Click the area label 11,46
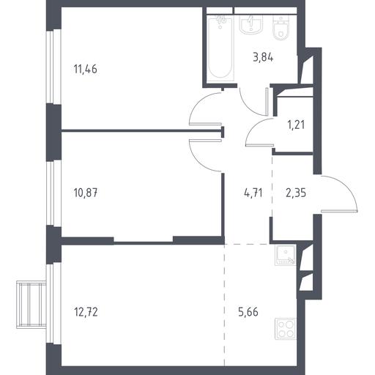point(85,69)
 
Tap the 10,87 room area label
point(86,193)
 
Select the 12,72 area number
point(86,312)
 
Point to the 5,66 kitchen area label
point(248,312)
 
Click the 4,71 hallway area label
point(253,193)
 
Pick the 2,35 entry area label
point(296,193)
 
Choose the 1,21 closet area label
point(296,125)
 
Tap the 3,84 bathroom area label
point(263,58)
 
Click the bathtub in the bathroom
point(220,48)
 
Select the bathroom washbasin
point(251,24)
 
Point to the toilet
point(281,28)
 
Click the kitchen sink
point(285,256)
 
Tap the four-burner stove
point(286,329)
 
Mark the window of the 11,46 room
point(53,67)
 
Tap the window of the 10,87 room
point(53,193)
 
